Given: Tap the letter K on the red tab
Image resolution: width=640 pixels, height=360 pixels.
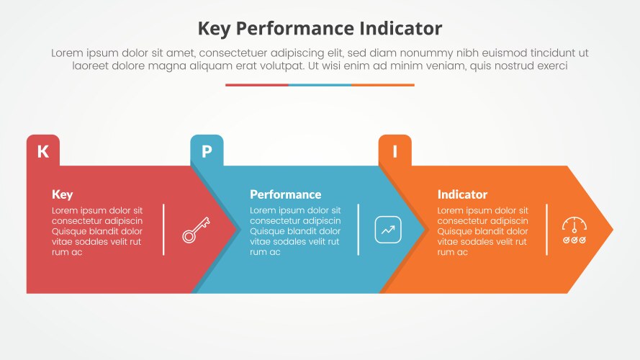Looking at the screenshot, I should (x=43, y=151).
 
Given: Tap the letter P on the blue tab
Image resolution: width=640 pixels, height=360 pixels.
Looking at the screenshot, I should (x=207, y=151).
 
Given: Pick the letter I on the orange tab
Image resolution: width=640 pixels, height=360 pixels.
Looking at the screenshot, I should (x=395, y=151).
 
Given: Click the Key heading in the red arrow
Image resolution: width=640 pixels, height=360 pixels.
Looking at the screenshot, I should (x=63, y=194).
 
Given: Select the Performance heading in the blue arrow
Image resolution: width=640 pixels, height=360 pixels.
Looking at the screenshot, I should (x=285, y=194).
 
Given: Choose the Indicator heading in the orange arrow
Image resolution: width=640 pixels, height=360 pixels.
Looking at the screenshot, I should (x=462, y=194).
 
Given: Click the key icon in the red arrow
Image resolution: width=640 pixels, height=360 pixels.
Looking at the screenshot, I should (x=195, y=230).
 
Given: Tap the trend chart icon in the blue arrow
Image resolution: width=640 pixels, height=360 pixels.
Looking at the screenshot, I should (x=388, y=230).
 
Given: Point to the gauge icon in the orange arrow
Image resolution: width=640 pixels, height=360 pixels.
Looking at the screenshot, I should (x=574, y=230).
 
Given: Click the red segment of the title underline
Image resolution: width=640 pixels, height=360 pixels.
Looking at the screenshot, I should (x=257, y=85).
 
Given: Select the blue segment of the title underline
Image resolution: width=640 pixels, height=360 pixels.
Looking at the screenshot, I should (x=320, y=85).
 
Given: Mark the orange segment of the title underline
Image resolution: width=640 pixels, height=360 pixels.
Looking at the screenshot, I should (x=383, y=85).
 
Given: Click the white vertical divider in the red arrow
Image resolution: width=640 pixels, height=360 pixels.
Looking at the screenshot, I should (x=163, y=230).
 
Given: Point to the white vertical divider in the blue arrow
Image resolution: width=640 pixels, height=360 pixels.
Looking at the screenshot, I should (x=359, y=230).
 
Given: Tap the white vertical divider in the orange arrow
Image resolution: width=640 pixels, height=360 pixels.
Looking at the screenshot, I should (x=546, y=230).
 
